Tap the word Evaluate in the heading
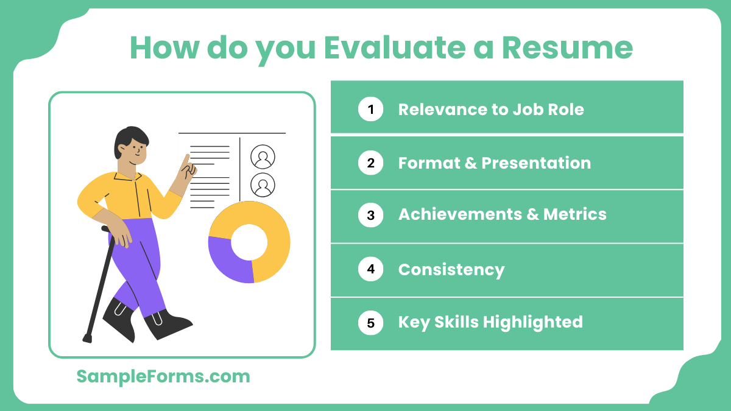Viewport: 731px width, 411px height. click(397, 47)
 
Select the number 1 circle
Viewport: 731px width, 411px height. click(370, 110)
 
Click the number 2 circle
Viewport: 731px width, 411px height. click(370, 163)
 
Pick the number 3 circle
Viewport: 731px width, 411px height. click(370, 215)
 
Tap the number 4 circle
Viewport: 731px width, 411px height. click(370, 269)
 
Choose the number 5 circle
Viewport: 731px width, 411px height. click(370, 322)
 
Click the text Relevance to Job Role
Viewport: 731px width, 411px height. click(490, 110)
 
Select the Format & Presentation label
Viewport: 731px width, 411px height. click(494, 163)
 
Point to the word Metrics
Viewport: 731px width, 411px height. click(574, 215)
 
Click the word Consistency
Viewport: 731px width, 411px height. click(451, 269)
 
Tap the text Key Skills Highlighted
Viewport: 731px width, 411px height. click(490, 322)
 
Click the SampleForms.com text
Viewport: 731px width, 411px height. click(163, 376)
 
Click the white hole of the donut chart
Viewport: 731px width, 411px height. click(249, 241)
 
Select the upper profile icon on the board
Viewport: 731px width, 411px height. click(263, 157)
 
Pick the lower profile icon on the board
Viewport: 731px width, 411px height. click(263, 185)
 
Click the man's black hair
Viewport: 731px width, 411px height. click(129, 137)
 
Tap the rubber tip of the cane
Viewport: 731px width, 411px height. click(87, 338)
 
